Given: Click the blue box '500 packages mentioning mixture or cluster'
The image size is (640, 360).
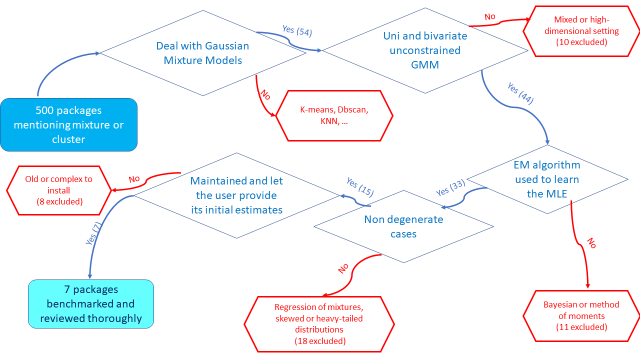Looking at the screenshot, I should coord(68,124).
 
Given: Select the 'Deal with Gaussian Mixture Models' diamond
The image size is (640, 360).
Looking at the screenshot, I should coord(202,53).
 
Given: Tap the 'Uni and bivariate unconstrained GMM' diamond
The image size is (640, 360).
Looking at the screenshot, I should coord(425,50).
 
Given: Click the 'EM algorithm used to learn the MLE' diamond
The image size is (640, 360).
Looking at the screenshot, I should coord(547,179).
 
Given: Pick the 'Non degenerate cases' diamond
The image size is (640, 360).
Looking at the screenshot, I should coord(403,226).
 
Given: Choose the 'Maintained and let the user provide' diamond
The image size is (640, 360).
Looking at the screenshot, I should coord(236,195).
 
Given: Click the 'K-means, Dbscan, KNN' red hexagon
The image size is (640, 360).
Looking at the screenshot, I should coord(334,116).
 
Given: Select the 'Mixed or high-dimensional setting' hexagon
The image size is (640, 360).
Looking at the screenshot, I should coord(581,31).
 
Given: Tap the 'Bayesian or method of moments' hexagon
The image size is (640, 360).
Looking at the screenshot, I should coord(581,316).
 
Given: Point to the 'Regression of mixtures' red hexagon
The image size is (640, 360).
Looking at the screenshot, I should coord(319,324).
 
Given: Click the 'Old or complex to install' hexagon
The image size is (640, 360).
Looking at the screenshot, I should coord(59,190).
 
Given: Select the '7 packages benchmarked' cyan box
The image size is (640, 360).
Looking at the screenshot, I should coord(90,303).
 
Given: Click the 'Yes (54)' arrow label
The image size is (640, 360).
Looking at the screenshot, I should coord(297,31).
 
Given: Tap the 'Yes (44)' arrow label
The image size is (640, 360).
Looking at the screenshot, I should coord(520,93).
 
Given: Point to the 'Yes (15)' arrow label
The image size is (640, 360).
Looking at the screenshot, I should coord(360,186).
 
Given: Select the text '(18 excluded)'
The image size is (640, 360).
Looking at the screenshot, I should coord(320,341).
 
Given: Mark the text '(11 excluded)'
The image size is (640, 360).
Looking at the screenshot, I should coord(581,327).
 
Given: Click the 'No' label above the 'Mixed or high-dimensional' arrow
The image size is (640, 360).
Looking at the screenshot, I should coord(490,17).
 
